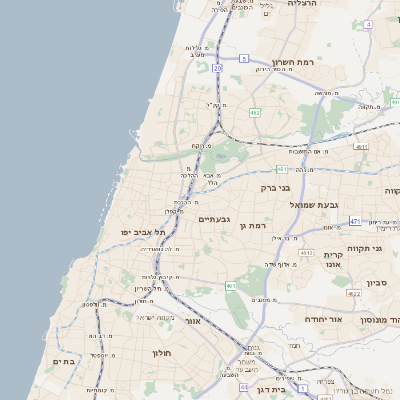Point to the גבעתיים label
215,219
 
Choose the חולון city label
163,353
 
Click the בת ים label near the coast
64,361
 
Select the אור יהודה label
322,319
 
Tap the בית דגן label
271,391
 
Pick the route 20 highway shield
217,68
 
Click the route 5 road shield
243,59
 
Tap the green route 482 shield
255,112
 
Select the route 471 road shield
355,221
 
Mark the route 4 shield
368,22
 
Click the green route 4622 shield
353,294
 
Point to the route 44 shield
243,384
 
